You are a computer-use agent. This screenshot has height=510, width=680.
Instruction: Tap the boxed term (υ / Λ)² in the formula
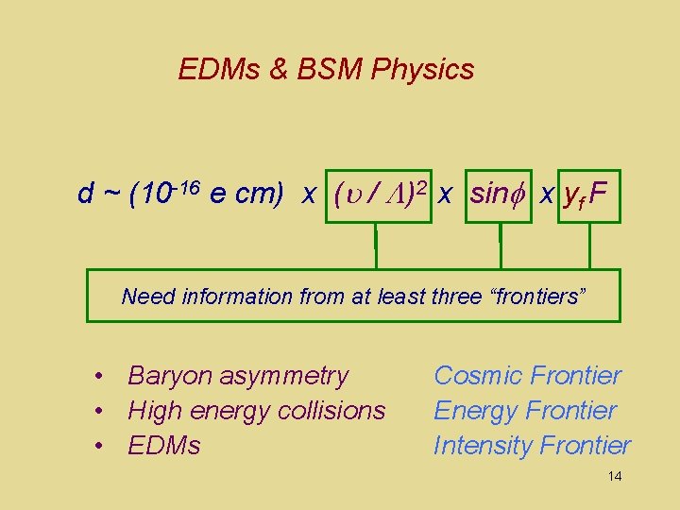click(378, 195)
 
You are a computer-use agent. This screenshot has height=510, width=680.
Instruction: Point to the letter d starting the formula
click(86, 195)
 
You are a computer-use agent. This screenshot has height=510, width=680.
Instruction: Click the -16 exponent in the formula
click(189, 186)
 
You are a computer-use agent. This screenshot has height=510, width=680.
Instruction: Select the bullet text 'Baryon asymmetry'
click(238, 376)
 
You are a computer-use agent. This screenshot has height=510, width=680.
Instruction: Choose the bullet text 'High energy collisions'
click(257, 411)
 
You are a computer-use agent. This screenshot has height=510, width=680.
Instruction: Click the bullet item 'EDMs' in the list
click(164, 445)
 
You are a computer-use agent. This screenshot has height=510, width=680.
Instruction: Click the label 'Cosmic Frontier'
click(527, 376)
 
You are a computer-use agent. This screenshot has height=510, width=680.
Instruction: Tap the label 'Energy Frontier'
click(525, 411)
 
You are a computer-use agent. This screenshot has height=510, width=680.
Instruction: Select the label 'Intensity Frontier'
click(532, 445)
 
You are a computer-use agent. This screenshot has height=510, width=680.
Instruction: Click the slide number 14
click(615, 476)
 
